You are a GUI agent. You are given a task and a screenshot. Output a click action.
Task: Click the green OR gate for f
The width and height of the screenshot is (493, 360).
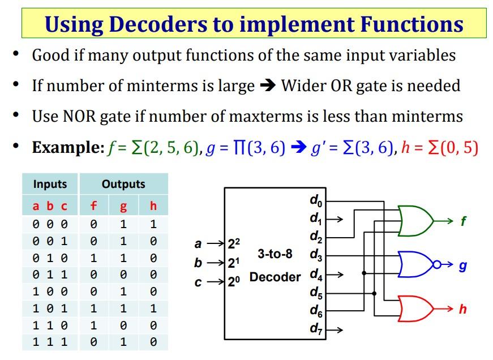point(415,219)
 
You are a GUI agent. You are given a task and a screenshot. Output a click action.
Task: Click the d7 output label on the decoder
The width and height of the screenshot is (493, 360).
point(316,328)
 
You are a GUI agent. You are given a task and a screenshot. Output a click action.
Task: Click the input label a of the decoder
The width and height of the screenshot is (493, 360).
point(198,245)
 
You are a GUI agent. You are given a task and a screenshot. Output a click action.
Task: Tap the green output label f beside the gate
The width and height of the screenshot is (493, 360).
point(463,221)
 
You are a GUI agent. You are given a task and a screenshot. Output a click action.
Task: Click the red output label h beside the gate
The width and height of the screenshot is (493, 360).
point(463,310)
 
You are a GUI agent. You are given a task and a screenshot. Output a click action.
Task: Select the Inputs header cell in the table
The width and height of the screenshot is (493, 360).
point(50,185)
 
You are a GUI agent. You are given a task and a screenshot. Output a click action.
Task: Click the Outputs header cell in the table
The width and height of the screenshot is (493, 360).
point(123,185)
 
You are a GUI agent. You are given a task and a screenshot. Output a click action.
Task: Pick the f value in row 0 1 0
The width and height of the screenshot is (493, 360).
point(94,258)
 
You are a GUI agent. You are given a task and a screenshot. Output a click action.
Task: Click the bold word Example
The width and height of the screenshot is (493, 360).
point(67,148)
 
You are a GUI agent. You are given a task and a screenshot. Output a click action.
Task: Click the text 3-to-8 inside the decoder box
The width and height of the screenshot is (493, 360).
point(275,254)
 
